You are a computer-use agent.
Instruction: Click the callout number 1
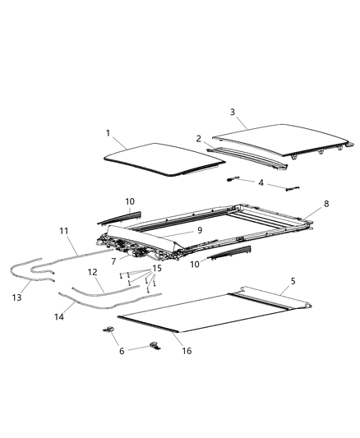click(x=108, y=133)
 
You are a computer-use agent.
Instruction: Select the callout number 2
click(x=198, y=139)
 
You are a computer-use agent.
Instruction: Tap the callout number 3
click(x=232, y=112)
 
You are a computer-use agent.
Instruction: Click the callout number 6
click(x=122, y=349)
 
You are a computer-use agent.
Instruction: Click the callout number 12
click(x=92, y=271)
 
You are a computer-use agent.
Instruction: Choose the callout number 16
click(x=187, y=350)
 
